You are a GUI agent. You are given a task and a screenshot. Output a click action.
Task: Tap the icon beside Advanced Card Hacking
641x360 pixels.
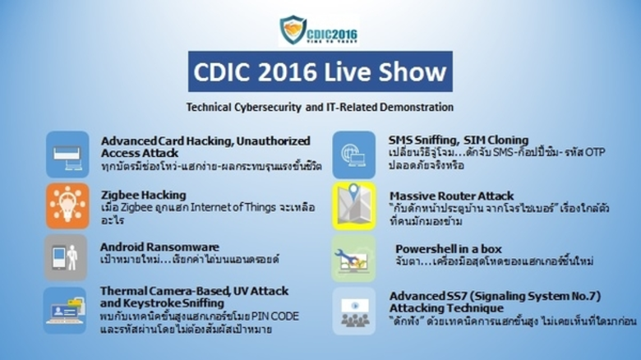[x=67, y=154]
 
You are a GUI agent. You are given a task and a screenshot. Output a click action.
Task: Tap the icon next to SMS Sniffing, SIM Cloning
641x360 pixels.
[x=354, y=154]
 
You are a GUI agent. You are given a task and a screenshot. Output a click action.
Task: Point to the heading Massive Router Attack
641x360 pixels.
[x=451, y=196]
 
